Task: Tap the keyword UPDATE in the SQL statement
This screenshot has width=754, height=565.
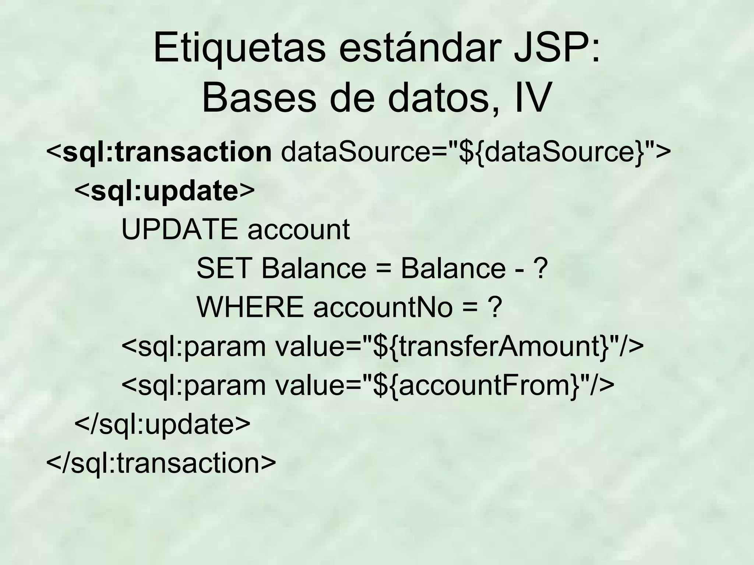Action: tap(180, 230)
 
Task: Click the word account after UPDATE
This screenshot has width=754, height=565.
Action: tap(299, 230)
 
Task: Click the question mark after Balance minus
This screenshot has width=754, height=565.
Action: tap(540, 269)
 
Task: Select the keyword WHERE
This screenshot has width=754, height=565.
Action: tap(250, 308)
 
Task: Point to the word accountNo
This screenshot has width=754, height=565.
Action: tap(383, 308)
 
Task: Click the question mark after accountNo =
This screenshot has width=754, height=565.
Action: tap(494, 308)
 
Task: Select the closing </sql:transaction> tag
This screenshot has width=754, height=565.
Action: tap(161, 463)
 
